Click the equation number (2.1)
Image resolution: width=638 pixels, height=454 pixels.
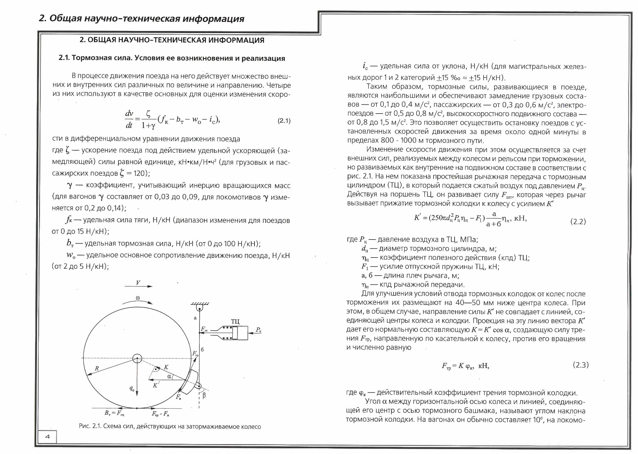(284, 121)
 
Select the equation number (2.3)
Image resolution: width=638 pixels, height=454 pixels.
(581, 365)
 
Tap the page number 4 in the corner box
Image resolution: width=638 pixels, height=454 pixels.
(47, 437)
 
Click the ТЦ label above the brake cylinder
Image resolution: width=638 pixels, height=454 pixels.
(235, 322)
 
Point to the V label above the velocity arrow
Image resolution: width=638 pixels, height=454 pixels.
(138, 283)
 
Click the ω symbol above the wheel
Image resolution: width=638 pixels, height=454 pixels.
(138, 297)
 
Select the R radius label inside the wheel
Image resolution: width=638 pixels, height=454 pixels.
(97, 368)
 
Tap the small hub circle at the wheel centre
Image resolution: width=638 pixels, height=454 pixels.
(137, 358)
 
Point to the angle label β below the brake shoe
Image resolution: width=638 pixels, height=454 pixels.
(204, 396)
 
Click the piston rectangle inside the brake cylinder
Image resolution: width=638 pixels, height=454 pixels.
(235, 333)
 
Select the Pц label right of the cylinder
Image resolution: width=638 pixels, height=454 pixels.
(259, 330)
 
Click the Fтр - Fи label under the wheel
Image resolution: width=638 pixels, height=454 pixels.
(161, 413)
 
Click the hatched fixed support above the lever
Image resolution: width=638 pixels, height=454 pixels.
(200, 304)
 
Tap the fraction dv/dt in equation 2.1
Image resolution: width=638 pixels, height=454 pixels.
(129, 119)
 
